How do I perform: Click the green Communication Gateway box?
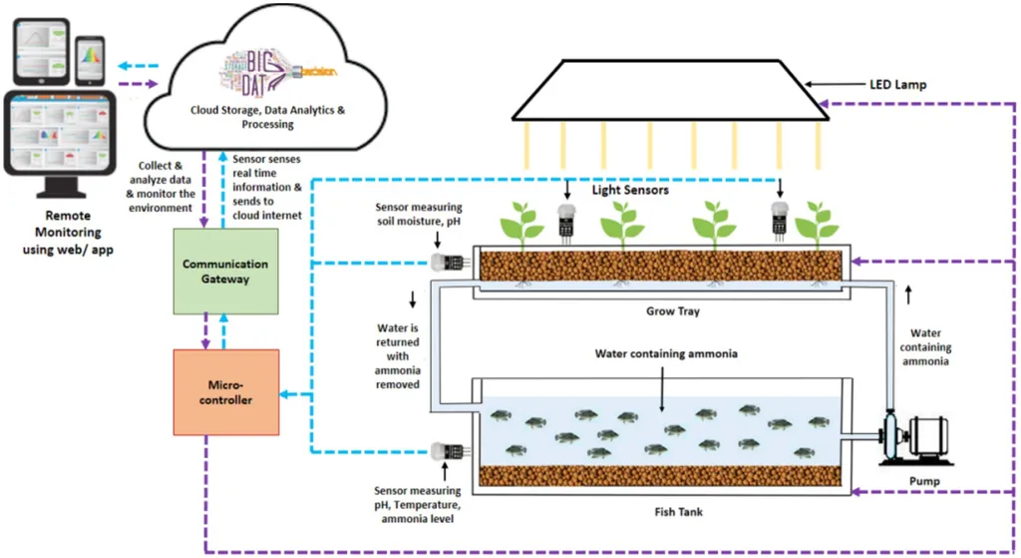coord(224,272)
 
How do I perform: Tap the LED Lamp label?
coord(897,86)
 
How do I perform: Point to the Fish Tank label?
coord(665,512)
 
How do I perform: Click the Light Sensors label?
coord(630,190)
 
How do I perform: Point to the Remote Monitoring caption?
coord(68,233)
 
